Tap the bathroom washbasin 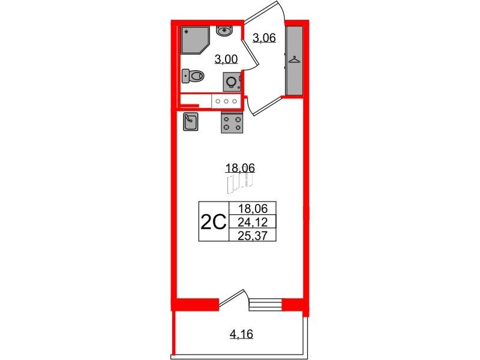point(225,31)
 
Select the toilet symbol point(193,76)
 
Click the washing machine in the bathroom point(232,82)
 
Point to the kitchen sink point(190,122)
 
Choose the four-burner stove point(232,122)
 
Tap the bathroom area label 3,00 point(226,59)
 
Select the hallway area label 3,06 point(264,38)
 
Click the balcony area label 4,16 point(242,334)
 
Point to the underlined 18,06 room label point(241,168)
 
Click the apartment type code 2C point(214,221)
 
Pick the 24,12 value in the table point(253,222)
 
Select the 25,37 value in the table point(253,235)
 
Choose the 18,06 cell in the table point(253,209)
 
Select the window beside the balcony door point(266,305)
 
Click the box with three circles point(226,101)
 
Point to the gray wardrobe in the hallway point(294,61)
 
